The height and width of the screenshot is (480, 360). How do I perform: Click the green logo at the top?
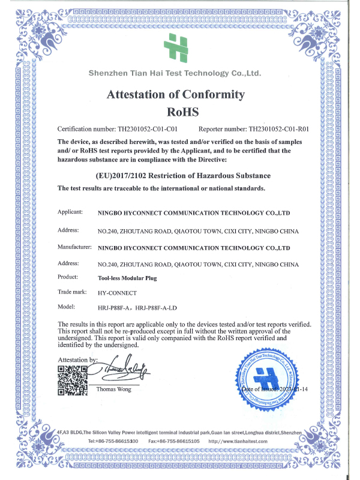[x=178, y=47]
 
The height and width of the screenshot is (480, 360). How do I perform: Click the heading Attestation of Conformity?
[x=176, y=94]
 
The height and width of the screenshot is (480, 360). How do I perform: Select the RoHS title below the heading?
[x=176, y=112]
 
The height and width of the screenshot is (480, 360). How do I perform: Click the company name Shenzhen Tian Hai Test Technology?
[x=175, y=73]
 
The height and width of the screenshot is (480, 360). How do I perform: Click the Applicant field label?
[x=70, y=212]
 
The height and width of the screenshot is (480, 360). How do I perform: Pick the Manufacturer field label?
[x=74, y=247]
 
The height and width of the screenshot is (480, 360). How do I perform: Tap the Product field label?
[x=68, y=277]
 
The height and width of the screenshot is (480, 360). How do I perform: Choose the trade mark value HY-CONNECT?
[x=118, y=293]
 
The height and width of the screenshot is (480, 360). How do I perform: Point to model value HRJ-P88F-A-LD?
[x=158, y=308]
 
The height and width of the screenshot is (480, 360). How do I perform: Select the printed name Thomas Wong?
[x=114, y=390]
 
